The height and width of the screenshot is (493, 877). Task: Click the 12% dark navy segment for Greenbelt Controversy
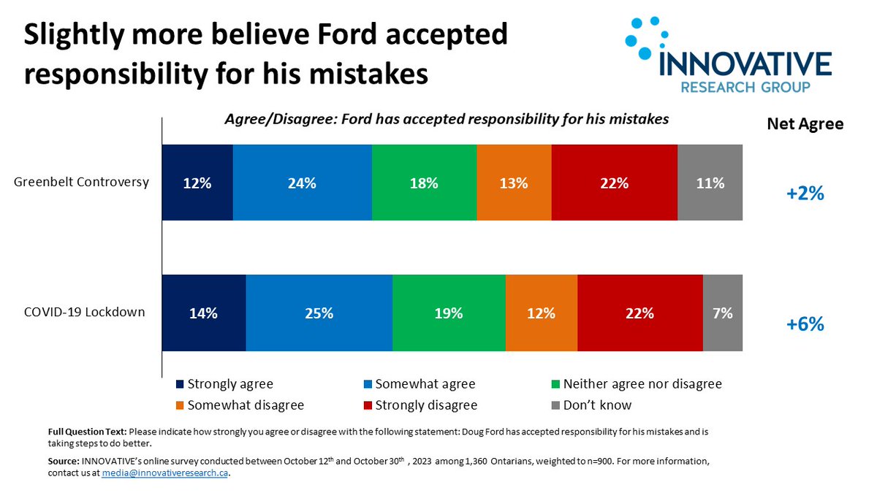197,183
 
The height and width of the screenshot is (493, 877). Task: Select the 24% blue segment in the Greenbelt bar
302,183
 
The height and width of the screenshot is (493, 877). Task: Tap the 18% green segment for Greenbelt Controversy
424,183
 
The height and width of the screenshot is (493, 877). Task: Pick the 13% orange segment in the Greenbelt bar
514,183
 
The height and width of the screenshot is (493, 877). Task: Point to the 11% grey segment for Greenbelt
710,183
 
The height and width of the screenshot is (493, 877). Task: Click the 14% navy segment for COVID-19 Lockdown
203,313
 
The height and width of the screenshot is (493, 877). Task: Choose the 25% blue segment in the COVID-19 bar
319,313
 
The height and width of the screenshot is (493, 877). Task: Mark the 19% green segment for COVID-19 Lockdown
448,313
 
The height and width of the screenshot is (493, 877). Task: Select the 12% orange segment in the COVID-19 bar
541,313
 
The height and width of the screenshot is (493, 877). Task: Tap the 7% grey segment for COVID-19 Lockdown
723,313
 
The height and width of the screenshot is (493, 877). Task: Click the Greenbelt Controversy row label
82,182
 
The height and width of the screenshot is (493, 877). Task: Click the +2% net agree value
805,194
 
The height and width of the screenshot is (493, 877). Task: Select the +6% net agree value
805,324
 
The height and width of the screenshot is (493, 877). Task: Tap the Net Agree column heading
805,124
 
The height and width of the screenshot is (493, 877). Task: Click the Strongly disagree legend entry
425,405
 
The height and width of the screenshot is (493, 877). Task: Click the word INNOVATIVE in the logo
744,64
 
